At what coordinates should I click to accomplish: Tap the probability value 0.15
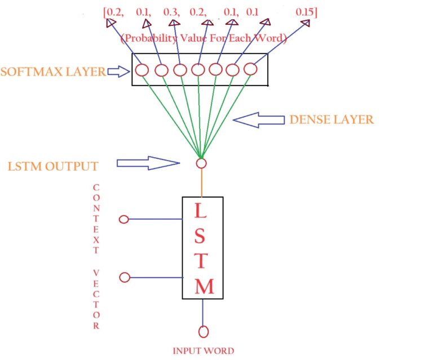pos(306,11)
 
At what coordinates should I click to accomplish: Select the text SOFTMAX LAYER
pos(52,72)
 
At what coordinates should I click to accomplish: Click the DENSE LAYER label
pos(331,119)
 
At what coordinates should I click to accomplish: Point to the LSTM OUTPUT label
pos(54,166)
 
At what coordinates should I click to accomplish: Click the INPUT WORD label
pos(203,350)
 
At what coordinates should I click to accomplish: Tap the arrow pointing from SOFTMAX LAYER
pos(118,71)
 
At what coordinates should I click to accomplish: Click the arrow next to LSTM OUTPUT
pos(148,163)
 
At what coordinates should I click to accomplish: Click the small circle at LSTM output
pos(201,163)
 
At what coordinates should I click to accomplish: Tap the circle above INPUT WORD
pos(203,331)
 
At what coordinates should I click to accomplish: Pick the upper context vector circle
pos(125,219)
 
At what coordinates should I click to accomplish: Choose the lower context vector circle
pos(125,277)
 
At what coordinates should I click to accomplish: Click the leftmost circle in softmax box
pos(142,70)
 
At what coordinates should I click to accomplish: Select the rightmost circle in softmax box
pos(250,69)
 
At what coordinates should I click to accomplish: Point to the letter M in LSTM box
pos(204,287)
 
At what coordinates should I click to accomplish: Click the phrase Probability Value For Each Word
pos(204,39)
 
